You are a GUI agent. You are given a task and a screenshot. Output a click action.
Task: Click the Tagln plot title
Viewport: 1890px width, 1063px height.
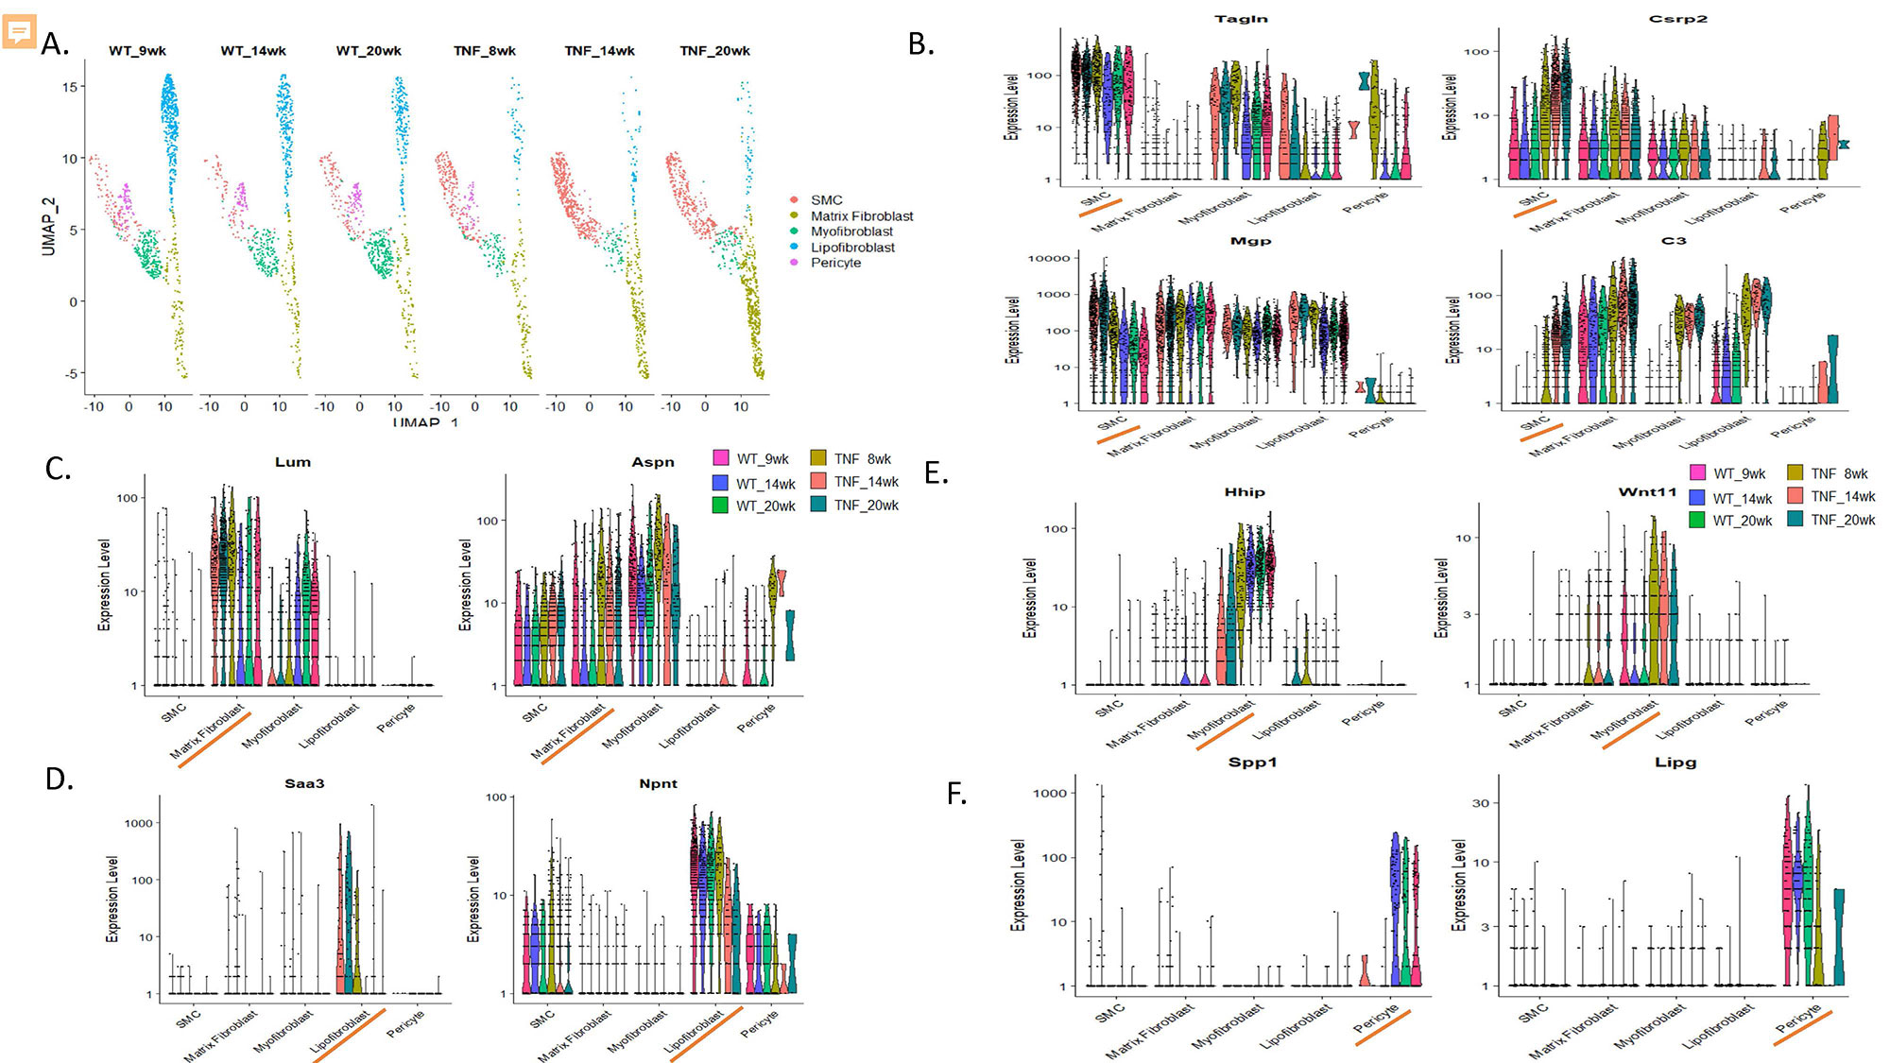coord(1241,19)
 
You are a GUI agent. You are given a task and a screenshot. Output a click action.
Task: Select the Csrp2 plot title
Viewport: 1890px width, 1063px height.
coord(1677,19)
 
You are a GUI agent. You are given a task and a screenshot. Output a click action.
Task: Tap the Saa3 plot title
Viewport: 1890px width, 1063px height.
coord(304,783)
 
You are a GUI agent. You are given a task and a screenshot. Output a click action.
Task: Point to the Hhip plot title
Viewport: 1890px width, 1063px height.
coord(1244,492)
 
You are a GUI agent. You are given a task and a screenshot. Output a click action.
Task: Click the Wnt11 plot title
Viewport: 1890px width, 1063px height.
coord(1646,492)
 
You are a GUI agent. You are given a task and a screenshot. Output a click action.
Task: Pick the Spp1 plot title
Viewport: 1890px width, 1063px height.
coord(1252,763)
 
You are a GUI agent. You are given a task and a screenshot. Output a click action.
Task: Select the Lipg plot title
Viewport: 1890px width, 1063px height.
coord(1675,763)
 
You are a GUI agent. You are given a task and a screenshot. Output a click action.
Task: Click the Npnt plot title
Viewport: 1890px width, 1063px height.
coord(658,783)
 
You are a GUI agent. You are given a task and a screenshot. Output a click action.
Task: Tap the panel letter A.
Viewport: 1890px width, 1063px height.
coord(55,43)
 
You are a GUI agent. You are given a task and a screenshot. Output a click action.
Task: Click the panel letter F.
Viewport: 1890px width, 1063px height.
coord(956,794)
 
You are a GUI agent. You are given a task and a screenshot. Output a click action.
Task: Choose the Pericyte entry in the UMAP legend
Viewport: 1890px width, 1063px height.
coord(835,263)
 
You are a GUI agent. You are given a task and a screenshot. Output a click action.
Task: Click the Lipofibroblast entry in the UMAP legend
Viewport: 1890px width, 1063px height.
coord(852,248)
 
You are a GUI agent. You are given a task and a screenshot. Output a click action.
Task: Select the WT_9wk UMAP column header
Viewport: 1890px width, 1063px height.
coord(137,51)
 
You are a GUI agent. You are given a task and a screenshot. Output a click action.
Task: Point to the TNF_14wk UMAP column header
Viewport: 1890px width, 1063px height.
coord(599,51)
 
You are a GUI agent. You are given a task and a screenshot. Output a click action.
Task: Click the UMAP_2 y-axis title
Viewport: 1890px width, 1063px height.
coord(49,227)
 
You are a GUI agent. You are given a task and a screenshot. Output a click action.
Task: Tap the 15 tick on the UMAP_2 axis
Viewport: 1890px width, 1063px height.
coord(70,87)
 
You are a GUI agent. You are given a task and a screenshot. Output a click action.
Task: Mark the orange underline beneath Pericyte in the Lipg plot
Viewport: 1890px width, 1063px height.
coord(1802,1028)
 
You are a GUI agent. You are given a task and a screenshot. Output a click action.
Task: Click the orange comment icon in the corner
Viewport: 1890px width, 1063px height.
coord(19,31)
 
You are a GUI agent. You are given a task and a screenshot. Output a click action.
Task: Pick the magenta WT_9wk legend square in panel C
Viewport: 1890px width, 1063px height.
coord(721,458)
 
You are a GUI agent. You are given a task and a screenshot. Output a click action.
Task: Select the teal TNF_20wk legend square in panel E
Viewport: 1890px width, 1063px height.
coord(1795,519)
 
